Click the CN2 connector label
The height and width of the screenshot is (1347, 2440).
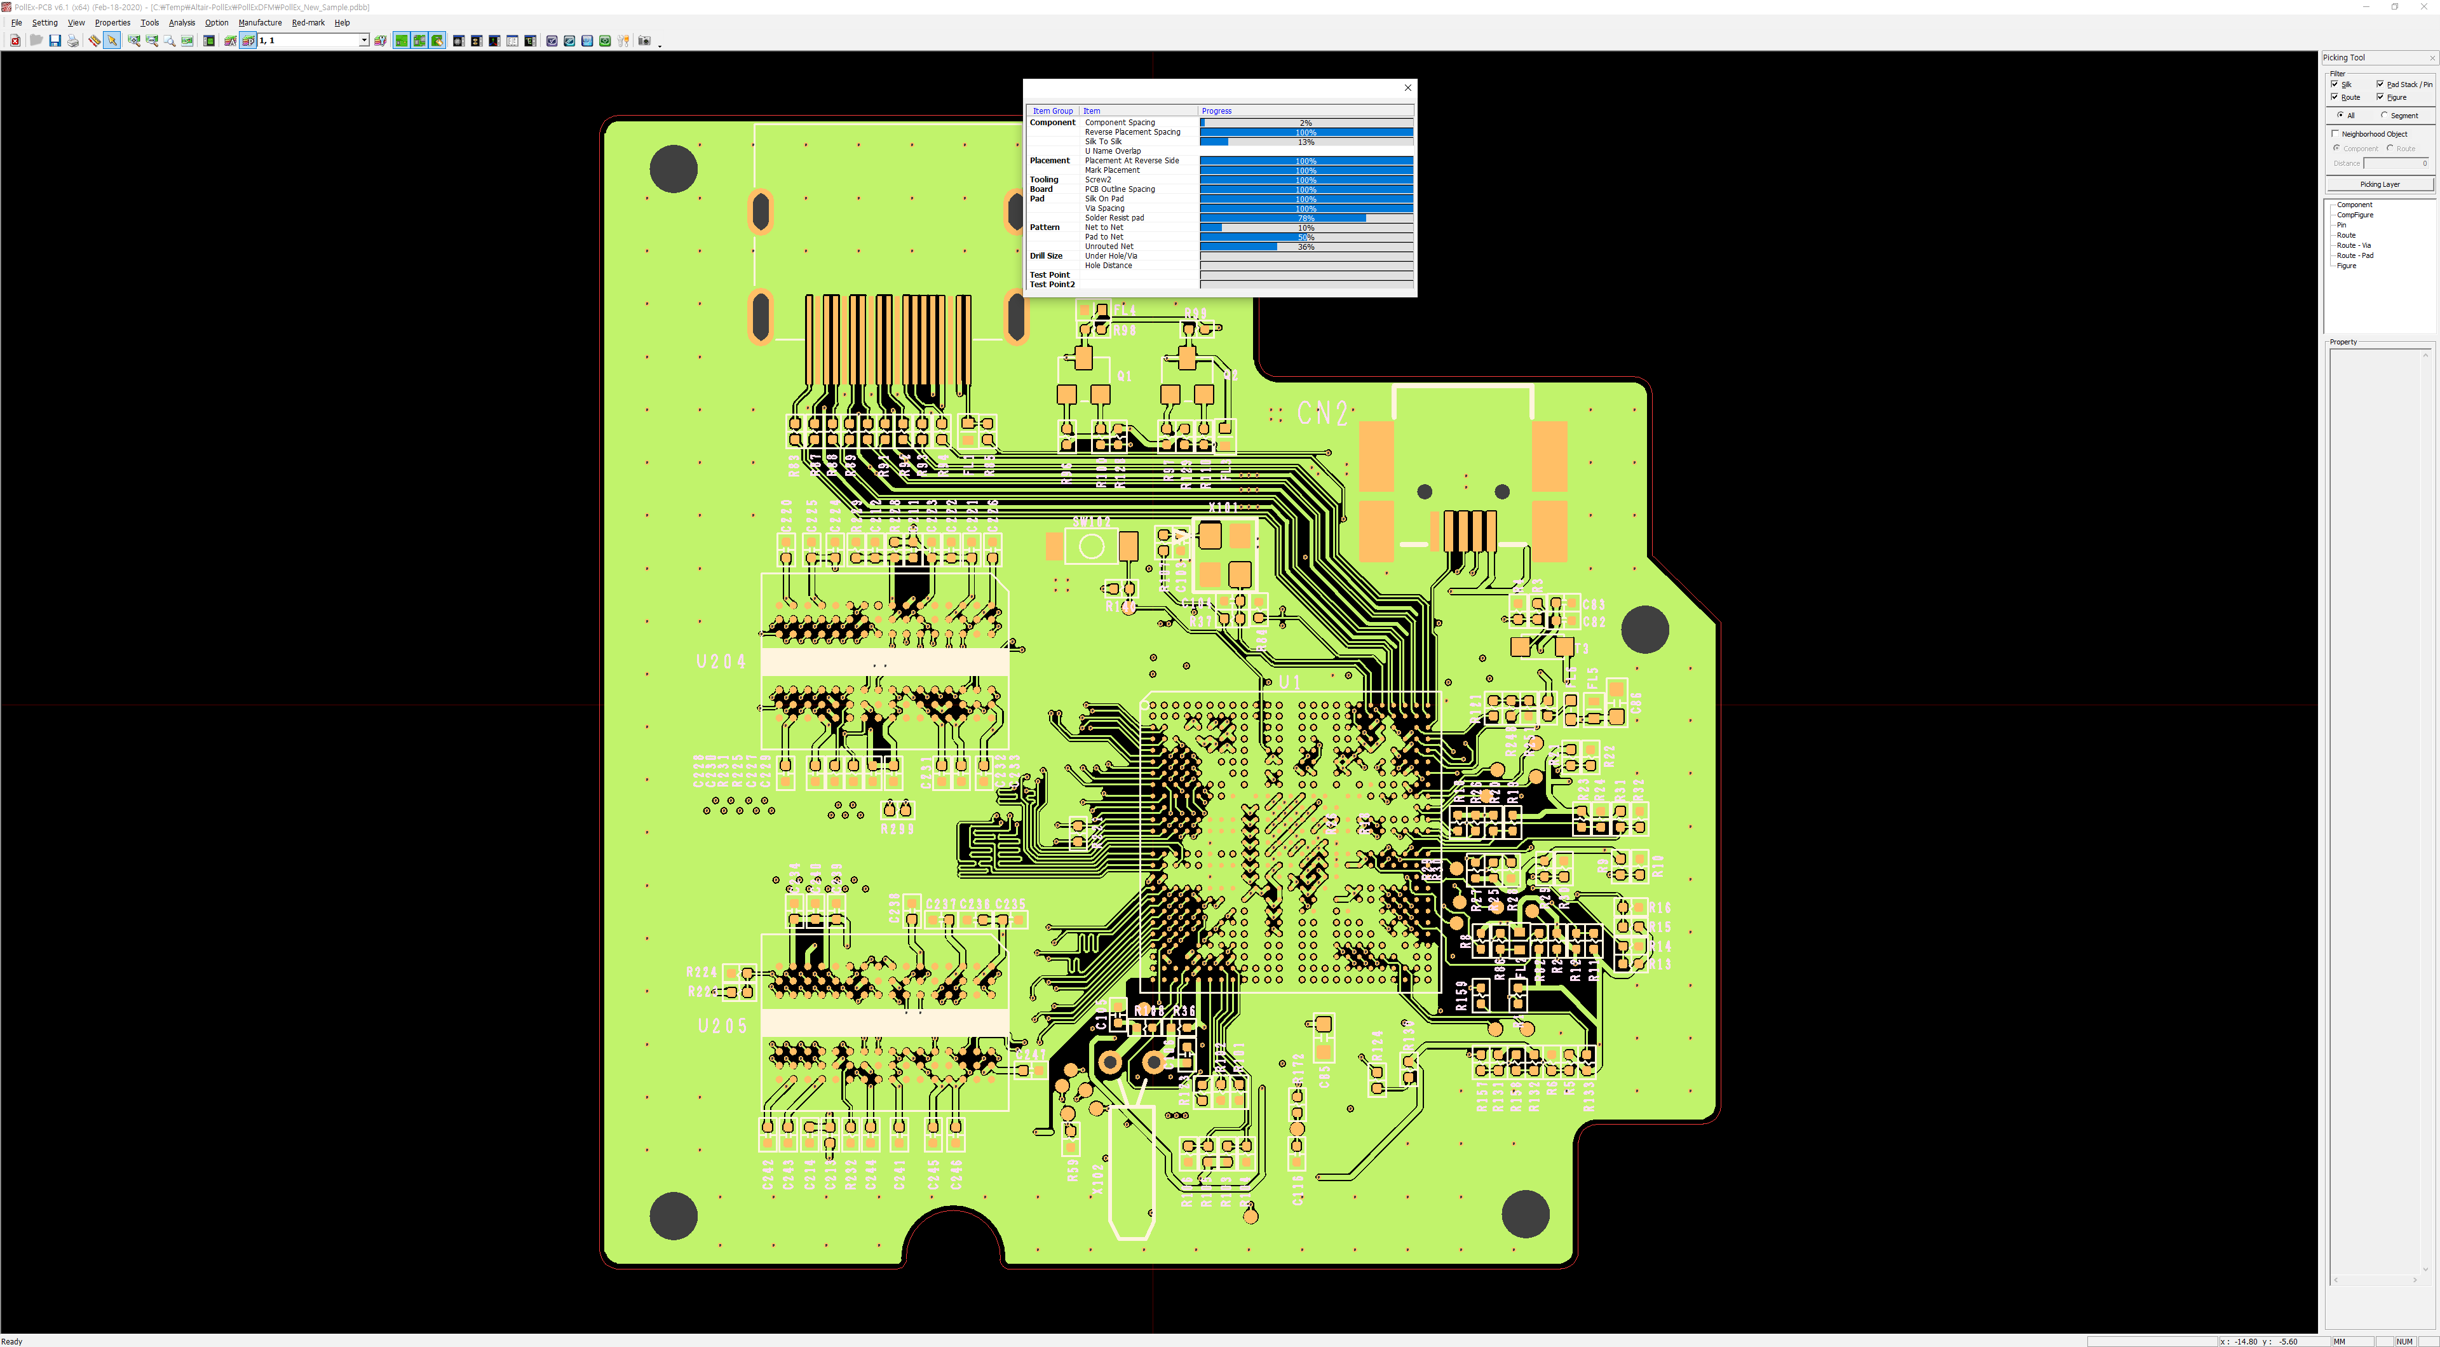pyautogui.click(x=1322, y=413)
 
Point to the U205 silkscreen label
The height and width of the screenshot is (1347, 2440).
pyautogui.click(x=722, y=1026)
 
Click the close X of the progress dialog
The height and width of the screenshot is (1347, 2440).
pyautogui.click(x=1407, y=87)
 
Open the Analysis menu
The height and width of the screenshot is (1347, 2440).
pyautogui.click(x=181, y=23)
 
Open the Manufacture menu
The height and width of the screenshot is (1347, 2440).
pyautogui.click(x=259, y=23)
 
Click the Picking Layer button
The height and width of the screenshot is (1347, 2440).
pyautogui.click(x=2380, y=184)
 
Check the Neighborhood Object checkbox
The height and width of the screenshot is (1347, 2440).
pyautogui.click(x=2336, y=133)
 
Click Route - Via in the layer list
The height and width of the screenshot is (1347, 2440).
pyautogui.click(x=2353, y=245)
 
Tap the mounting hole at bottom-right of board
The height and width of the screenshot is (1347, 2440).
pyautogui.click(x=1525, y=1214)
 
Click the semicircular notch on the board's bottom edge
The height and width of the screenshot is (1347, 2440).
pyautogui.click(x=953, y=1241)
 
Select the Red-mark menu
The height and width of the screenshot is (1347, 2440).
pyautogui.click(x=308, y=23)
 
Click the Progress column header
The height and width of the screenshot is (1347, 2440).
pyautogui.click(x=1217, y=111)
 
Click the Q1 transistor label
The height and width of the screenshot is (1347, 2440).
pyautogui.click(x=1124, y=376)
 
